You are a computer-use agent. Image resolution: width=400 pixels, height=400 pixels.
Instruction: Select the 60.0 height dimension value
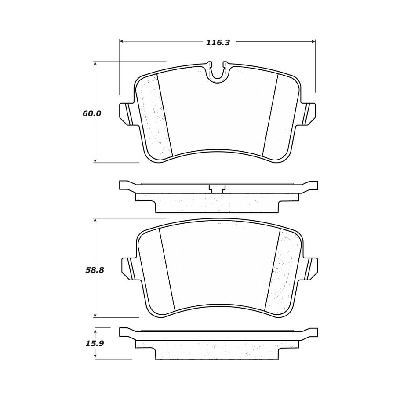(92, 113)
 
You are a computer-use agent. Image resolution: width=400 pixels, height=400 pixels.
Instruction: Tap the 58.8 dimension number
(94, 270)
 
